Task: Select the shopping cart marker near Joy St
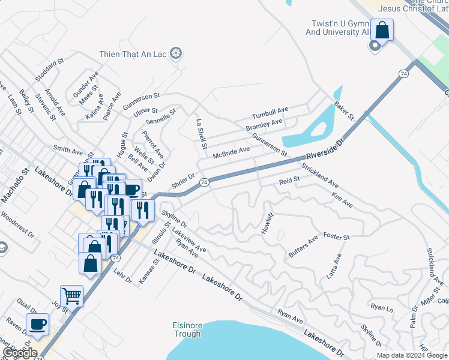[x=71, y=295]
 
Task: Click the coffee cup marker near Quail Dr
[x=38, y=323]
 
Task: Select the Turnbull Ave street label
[x=270, y=112]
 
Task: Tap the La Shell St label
[x=202, y=133]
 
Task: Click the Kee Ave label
[x=342, y=200]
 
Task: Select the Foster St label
[x=336, y=237]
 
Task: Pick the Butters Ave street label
[x=303, y=247]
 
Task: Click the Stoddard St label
[x=50, y=70]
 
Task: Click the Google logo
[x=19, y=353]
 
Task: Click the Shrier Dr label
[x=184, y=181]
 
